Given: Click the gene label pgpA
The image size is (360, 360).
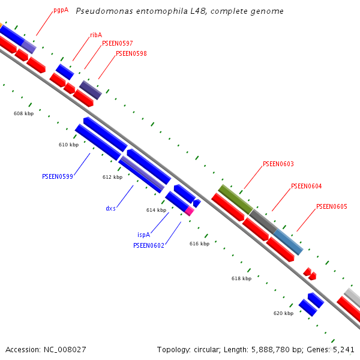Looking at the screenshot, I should [x=61, y=10].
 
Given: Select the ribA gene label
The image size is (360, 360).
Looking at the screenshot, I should [x=96, y=35].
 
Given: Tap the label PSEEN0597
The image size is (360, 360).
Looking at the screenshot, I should [x=118, y=43].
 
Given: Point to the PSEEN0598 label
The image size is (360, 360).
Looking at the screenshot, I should [x=131, y=53].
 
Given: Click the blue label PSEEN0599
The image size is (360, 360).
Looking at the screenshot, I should [x=58, y=176].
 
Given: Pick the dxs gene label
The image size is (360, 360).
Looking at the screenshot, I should [x=111, y=208].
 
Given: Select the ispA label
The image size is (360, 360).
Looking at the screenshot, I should [x=143, y=235].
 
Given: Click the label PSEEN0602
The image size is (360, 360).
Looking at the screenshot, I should [x=149, y=245].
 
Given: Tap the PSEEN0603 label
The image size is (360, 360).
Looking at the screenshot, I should [x=278, y=164].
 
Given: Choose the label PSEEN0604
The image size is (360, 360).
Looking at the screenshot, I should [x=306, y=186].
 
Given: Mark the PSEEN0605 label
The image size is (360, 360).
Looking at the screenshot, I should [x=331, y=206].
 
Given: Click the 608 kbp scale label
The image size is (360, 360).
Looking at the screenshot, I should [x=23, y=113].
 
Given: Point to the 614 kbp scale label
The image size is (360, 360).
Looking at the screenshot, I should [x=156, y=210].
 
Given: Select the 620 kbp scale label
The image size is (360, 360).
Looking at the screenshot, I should [x=283, y=313].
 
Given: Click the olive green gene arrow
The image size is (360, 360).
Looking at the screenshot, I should [x=235, y=199].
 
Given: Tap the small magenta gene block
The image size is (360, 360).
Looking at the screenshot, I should [x=190, y=211].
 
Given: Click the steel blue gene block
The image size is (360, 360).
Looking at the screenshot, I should [x=288, y=242].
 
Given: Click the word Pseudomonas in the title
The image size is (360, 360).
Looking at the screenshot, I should [x=98, y=11].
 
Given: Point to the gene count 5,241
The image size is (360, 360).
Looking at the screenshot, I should [x=344, y=349].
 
